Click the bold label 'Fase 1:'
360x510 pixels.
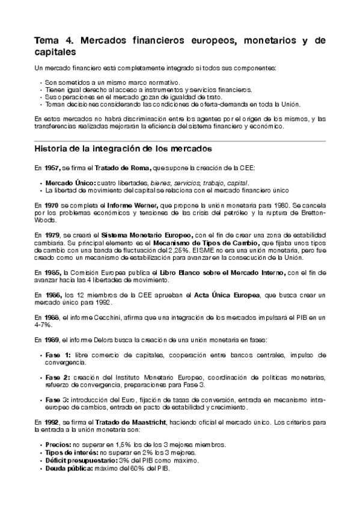point(58,355)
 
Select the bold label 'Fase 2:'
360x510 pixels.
point(58,377)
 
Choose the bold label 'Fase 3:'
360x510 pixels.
point(58,399)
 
